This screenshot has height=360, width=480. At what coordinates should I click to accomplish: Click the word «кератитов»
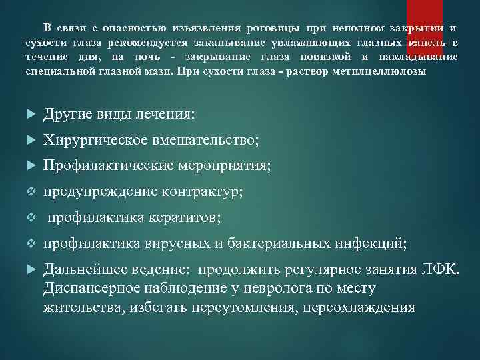pos(180,217)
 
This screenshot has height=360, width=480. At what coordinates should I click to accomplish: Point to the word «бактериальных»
pos(273,243)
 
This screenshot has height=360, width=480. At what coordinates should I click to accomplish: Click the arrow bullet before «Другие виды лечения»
pos(29,114)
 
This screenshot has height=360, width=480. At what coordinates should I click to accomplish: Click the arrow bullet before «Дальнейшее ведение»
pos(29,270)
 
